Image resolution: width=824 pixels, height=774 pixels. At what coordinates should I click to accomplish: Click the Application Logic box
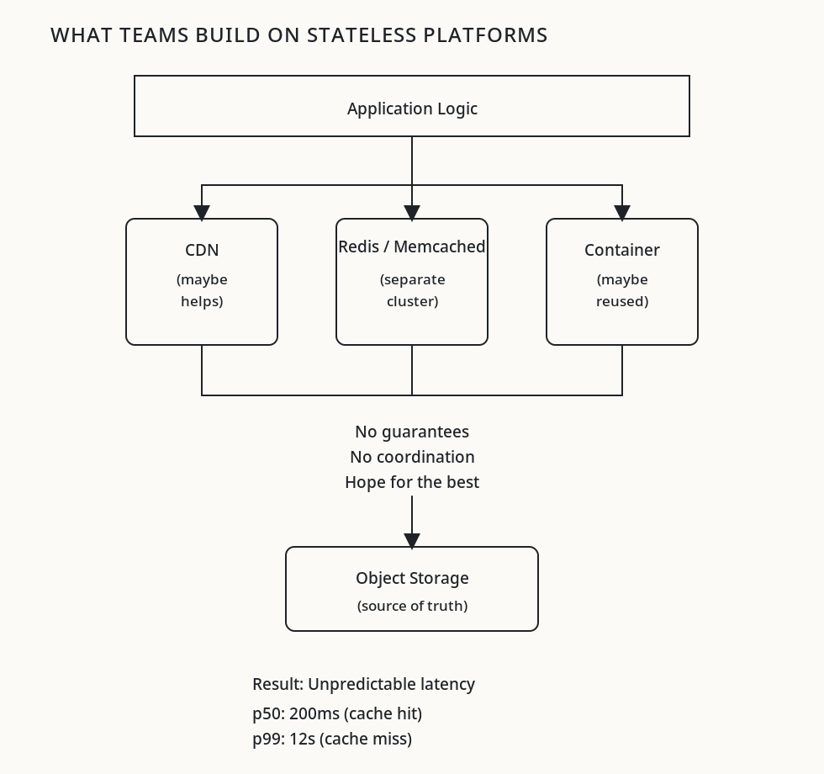pyautogui.click(x=412, y=107)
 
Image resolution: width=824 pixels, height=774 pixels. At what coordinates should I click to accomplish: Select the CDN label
pyautogui.click(x=202, y=250)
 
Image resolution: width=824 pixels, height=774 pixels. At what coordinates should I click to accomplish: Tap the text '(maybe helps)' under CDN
pyautogui.click(x=202, y=290)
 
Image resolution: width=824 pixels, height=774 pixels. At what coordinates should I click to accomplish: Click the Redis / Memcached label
pyautogui.click(x=412, y=247)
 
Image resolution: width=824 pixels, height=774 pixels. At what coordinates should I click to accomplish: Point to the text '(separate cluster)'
pyautogui.click(x=412, y=290)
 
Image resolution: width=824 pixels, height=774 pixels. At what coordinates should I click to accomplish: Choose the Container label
pyautogui.click(x=622, y=250)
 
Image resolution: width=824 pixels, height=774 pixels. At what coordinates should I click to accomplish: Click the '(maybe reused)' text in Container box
pyautogui.click(x=622, y=290)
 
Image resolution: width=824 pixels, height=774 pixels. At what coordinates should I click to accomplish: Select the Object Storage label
pyautogui.click(x=412, y=578)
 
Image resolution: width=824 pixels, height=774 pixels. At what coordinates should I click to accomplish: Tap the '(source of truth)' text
pyautogui.click(x=412, y=606)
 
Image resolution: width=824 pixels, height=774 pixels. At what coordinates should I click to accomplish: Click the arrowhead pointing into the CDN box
pyautogui.click(x=202, y=212)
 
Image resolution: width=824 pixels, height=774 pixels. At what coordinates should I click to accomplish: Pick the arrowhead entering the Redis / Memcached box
pyautogui.click(x=412, y=212)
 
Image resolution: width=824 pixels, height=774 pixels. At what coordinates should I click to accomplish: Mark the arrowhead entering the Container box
pyautogui.click(x=622, y=212)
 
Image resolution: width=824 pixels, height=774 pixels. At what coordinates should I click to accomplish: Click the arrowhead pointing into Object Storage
pyautogui.click(x=412, y=540)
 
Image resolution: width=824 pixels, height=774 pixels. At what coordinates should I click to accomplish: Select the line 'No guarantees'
pyautogui.click(x=412, y=432)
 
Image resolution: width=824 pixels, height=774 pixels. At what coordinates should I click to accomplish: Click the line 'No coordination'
pyautogui.click(x=412, y=457)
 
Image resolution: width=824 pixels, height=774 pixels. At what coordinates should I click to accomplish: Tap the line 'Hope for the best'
pyautogui.click(x=412, y=482)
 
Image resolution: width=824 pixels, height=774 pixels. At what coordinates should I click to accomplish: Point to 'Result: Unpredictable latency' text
pyautogui.click(x=363, y=684)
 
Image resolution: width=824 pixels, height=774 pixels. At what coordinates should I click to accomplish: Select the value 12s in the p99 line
pyautogui.click(x=302, y=739)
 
